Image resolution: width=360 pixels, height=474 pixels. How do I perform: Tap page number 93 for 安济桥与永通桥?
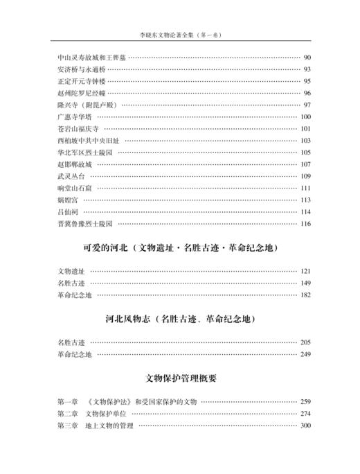point(307,69)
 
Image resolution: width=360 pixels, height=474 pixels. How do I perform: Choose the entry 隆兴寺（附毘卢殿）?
point(85,105)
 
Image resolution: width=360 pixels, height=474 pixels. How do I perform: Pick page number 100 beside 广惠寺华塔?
point(305,116)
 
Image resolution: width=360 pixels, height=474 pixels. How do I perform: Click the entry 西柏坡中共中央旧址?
point(85,140)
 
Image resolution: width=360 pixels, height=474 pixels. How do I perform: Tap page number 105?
point(305,152)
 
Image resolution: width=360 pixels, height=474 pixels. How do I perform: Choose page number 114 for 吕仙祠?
point(305,211)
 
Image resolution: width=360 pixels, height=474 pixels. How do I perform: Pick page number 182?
point(305,295)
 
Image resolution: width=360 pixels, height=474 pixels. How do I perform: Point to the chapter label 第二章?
point(68,414)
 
